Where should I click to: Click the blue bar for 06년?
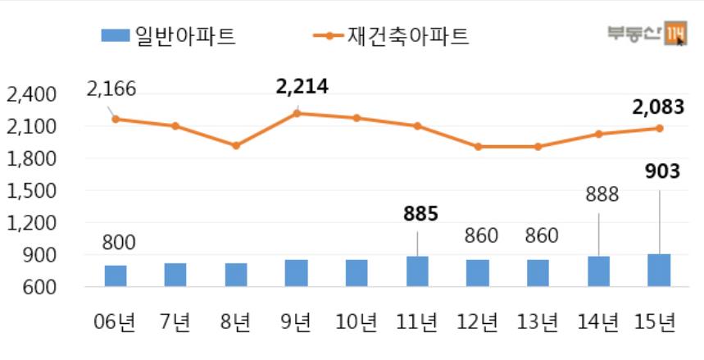(x=116, y=276)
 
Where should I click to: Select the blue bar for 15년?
(x=659, y=271)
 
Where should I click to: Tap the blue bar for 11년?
(x=417, y=271)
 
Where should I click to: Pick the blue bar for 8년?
(x=236, y=275)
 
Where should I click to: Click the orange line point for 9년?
(x=297, y=113)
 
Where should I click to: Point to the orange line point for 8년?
(x=236, y=145)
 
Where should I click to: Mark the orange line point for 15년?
(x=659, y=128)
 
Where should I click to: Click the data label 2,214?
(x=302, y=86)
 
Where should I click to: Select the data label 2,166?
(x=111, y=88)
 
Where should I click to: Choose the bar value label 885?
(x=420, y=215)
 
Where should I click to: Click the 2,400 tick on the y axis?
(x=31, y=94)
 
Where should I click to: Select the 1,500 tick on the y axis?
(x=31, y=190)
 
